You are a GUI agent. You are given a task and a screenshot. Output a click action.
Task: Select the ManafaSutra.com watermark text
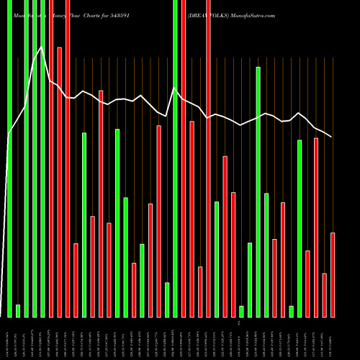pyautogui.click(x=253, y=6)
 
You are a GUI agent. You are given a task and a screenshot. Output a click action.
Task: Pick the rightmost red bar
pyautogui.click(x=333, y=274)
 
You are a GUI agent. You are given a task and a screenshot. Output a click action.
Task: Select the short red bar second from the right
pyautogui.click(x=325, y=294)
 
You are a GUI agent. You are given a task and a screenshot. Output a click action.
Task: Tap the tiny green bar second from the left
pyautogui.click(x=18, y=310)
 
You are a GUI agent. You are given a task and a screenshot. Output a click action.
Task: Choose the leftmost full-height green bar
pyautogui.click(x=9, y=158)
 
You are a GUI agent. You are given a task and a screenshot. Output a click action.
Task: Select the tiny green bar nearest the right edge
pyautogui.click(x=292, y=311)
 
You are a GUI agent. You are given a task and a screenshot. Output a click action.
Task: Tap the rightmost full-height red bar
pyautogui.click(x=208, y=158)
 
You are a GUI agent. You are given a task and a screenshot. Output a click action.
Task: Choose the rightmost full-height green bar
pyautogui.click(x=175, y=158)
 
